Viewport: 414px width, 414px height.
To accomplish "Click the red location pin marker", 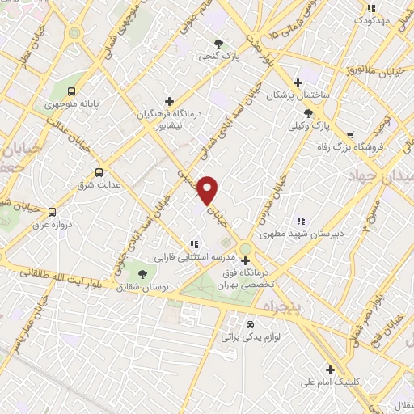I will [208, 190].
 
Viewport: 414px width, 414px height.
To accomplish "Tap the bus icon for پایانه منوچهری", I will [73, 91].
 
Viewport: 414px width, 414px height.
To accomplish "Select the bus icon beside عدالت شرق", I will [99, 172].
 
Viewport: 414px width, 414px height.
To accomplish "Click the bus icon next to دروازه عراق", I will [53, 212].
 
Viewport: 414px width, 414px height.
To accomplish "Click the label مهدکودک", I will [378, 18].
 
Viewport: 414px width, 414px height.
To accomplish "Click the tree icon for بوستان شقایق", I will [143, 274].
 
